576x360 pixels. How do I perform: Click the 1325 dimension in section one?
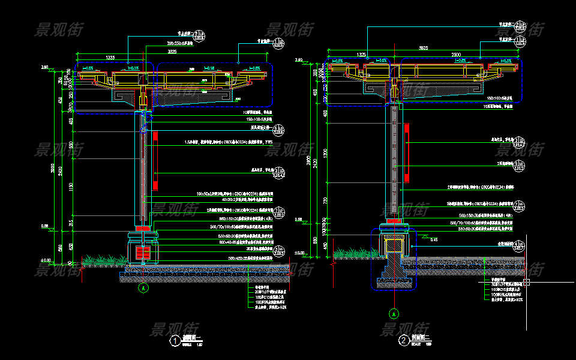point(110,57)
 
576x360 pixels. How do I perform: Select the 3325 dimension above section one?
point(172,52)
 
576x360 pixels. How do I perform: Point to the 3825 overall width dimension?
point(423,47)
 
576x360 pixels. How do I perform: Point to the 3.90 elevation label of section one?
point(44,67)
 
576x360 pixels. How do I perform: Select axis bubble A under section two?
point(394,313)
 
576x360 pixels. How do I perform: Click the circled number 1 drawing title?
point(175,342)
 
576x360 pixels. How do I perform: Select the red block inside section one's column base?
point(143,252)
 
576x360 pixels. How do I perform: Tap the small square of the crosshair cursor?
point(526,281)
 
